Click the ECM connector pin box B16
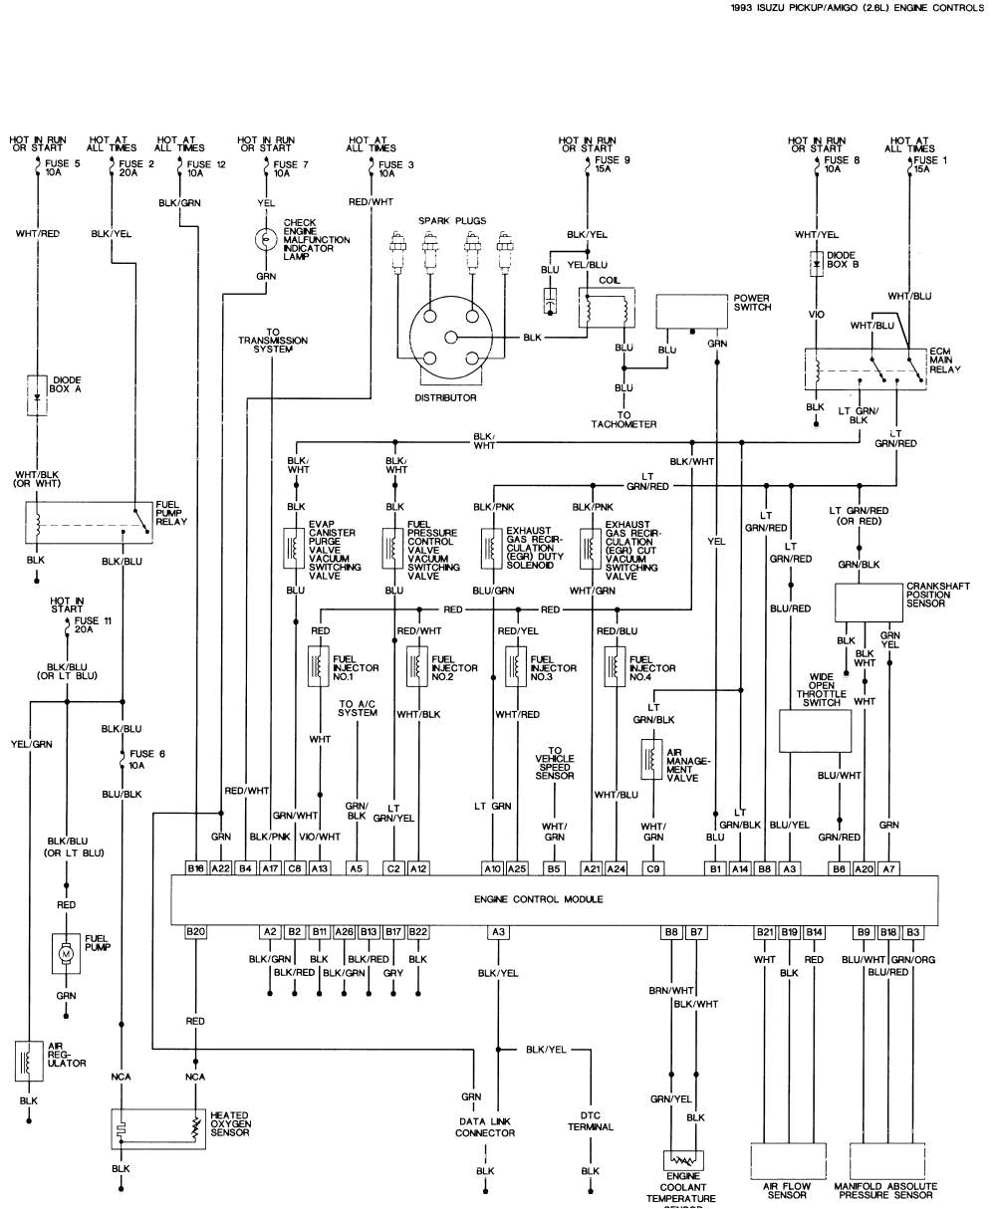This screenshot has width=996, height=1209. click(196, 868)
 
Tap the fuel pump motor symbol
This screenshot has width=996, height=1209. click(66, 953)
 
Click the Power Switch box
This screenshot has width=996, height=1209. click(693, 311)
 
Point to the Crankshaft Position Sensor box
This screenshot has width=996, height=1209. click(868, 602)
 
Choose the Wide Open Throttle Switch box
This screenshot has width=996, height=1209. click(815, 729)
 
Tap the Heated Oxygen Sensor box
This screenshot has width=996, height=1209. click(156, 1129)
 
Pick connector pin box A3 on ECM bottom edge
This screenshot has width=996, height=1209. click(496, 932)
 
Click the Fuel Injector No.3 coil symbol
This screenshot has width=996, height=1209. click(515, 664)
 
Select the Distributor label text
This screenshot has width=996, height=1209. click(445, 397)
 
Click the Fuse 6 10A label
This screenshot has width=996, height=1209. click(145, 760)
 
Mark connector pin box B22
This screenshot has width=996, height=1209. click(419, 932)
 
